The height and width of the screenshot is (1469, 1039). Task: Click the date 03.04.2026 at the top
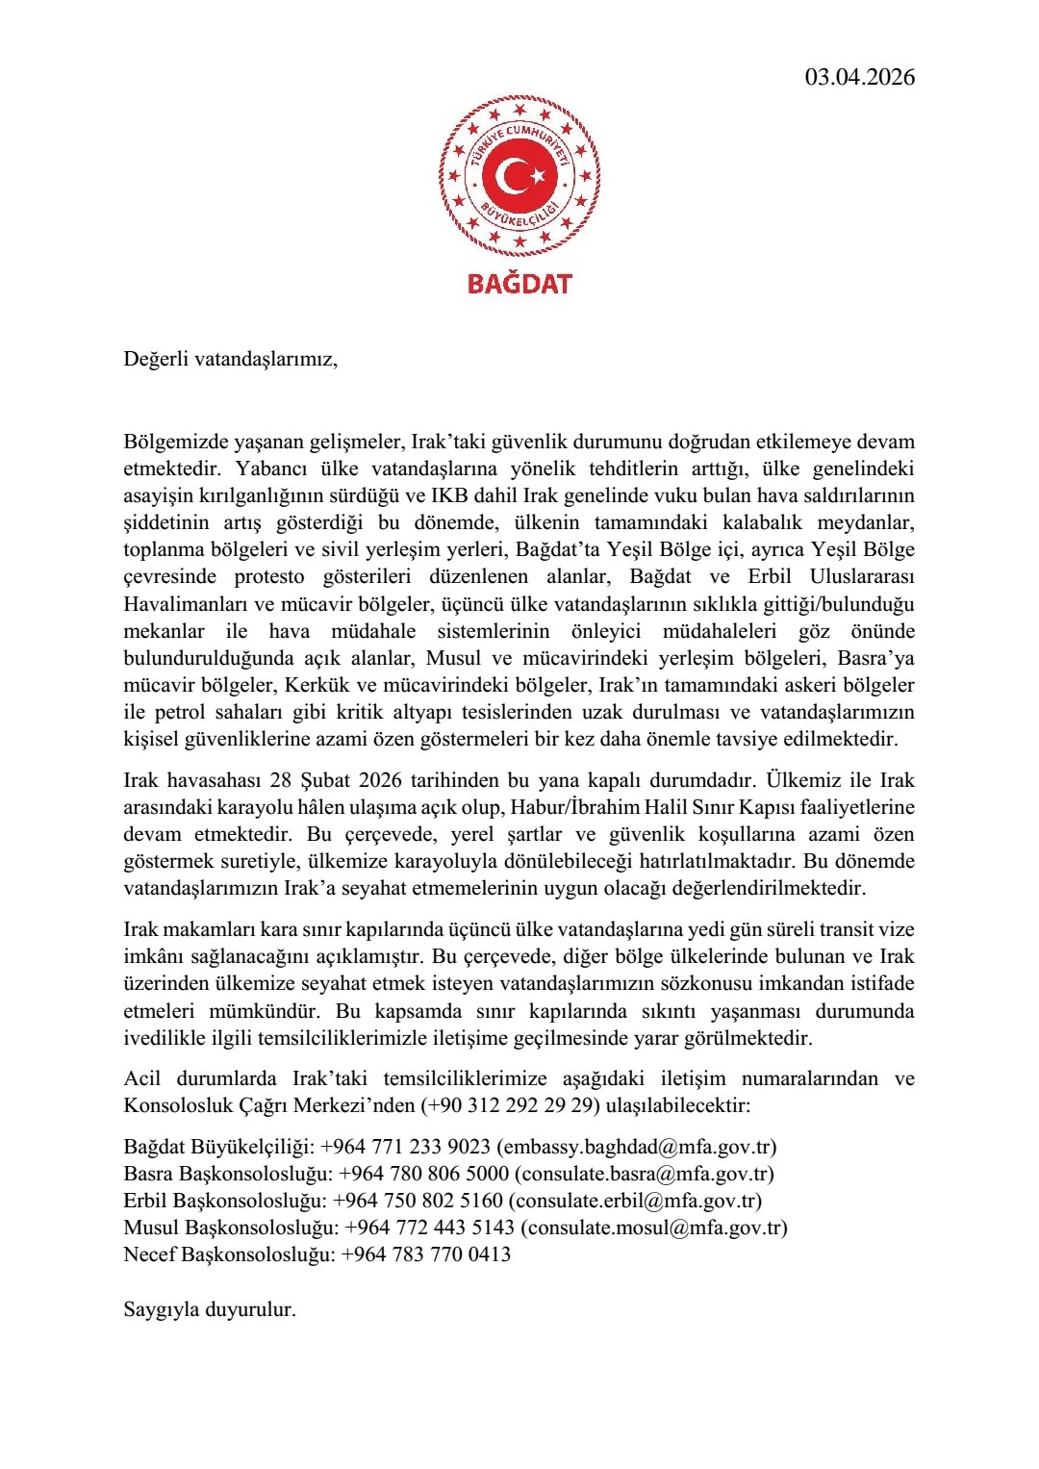[x=860, y=77]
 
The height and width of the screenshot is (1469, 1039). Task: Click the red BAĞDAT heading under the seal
[x=519, y=284]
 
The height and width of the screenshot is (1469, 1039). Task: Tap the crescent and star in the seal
[x=519, y=176]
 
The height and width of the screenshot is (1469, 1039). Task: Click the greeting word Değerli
[x=156, y=360]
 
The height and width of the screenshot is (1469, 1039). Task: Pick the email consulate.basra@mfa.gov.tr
[x=644, y=1174]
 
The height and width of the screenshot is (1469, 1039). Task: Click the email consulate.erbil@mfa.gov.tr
[x=635, y=1201]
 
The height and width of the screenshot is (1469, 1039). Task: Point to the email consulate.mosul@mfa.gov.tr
[x=654, y=1228]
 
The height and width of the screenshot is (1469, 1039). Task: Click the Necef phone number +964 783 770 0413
[x=426, y=1254]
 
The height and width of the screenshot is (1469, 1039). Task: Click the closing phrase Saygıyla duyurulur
[x=210, y=1309]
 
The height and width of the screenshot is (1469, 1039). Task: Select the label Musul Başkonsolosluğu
[x=230, y=1228]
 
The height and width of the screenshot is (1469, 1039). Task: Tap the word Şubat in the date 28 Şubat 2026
[x=336, y=780]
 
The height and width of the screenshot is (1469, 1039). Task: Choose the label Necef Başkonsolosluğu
[x=228, y=1254]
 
